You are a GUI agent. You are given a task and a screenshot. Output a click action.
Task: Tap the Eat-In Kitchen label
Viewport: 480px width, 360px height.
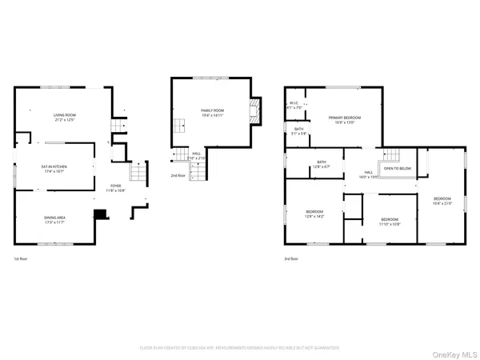tap(54, 168)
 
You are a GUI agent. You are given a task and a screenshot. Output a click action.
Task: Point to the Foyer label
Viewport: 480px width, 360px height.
tap(116, 188)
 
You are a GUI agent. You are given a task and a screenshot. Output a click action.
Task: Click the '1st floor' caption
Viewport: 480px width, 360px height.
tap(22, 259)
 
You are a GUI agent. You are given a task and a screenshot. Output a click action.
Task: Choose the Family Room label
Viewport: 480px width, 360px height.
tap(211, 114)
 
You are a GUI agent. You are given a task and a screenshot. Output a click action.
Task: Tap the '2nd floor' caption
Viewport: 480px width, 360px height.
tap(178, 174)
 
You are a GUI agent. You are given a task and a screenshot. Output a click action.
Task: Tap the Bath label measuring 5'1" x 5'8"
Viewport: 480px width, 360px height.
tap(299, 131)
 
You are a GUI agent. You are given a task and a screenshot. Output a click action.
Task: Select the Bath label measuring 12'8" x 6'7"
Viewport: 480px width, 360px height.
tap(322, 164)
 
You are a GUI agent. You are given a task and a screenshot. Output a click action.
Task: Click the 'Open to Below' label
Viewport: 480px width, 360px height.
tap(398, 169)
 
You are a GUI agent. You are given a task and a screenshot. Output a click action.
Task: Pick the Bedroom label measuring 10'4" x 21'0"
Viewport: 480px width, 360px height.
tap(442, 200)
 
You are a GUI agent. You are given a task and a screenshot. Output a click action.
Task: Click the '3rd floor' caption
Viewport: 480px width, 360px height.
tap(290, 259)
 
